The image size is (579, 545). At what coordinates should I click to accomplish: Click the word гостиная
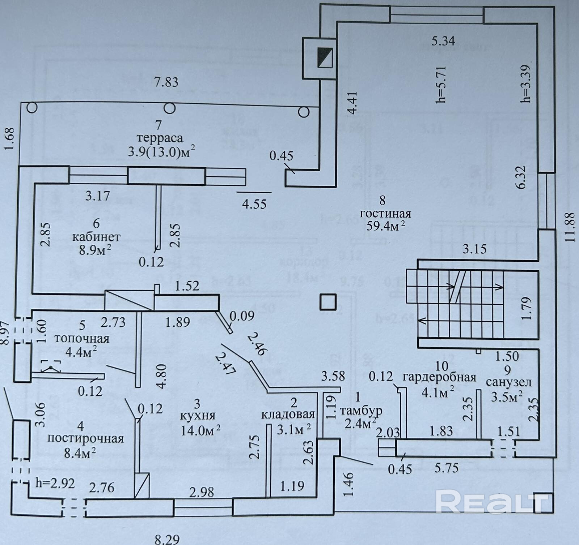(385, 213)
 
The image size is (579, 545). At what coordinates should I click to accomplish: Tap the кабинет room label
(96, 237)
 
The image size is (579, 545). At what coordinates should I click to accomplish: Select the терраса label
(160, 138)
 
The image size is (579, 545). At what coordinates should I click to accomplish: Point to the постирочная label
(86, 438)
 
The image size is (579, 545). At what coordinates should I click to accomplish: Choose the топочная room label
(81, 339)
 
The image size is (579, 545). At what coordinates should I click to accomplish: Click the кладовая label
(288, 414)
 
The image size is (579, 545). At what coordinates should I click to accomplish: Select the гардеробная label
(439, 378)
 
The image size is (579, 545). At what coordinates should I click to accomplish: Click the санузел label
(508, 382)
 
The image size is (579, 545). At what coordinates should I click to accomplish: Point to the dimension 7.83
(166, 82)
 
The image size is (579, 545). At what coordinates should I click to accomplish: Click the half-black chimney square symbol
(325, 58)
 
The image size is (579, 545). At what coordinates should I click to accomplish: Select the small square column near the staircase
(328, 302)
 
